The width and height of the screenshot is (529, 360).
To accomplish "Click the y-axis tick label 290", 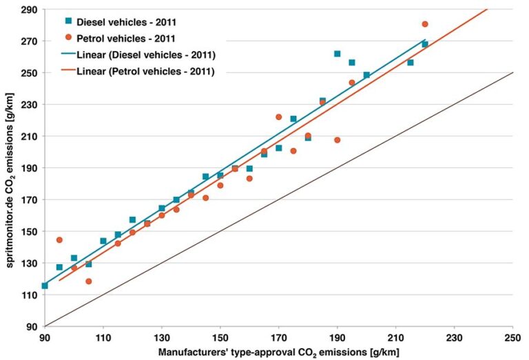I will click(x=29, y=10).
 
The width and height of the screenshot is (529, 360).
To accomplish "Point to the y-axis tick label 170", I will click(x=29, y=200).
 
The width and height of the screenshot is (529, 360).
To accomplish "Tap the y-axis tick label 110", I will click(x=29, y=295).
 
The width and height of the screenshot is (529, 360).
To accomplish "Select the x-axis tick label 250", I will click(x=512, y=339).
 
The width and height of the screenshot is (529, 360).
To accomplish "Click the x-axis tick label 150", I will click(x=220, y=339).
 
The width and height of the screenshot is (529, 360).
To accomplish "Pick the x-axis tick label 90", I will click(x=45, y=339).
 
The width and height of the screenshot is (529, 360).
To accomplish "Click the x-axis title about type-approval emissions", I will click(x=278, y=352).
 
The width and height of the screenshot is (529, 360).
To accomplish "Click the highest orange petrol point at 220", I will click(x=425, y=24).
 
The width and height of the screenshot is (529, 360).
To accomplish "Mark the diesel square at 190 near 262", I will click(x=338, y=54).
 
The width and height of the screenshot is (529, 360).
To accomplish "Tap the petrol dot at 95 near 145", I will click(x=59, y=240).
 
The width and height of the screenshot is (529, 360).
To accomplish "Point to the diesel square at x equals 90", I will click(x=45, y=286).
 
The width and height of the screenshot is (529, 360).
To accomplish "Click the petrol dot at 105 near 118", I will click(x=89, y=282).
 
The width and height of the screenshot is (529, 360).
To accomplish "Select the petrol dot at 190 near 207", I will click(x=338, y=140).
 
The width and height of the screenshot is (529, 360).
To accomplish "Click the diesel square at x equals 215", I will click(x=411, y=63).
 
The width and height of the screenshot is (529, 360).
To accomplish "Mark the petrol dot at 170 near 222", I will click(x=279, y=117).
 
